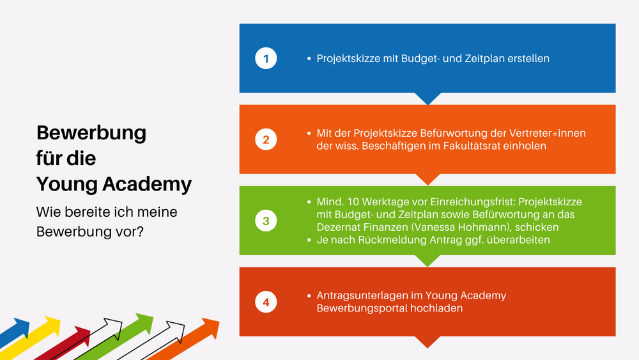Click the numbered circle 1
pyautogui.click(x=266, y=58)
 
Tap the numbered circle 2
pyautogui.click(x=266, y=139)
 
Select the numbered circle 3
pyautogui.click(x=266, y=221)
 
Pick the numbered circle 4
pyautogui.click(x=266, y=302)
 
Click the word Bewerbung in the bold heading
pyautogui.click(x=91, y=134)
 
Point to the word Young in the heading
pyautogui.click(x=67, y=185)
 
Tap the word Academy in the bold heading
pyautogui.click(x=147, y=185)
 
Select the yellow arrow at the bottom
pyautogui.click(x=31, y=338)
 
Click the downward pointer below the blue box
pyautogui.click(x=427, y=98)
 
